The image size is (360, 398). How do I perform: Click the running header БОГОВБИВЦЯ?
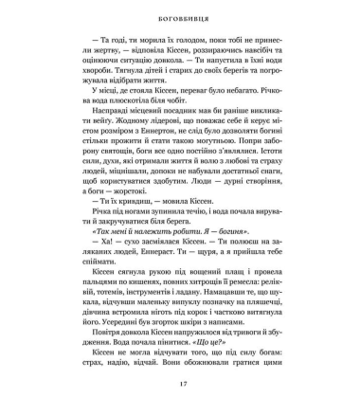coord(180,16)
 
